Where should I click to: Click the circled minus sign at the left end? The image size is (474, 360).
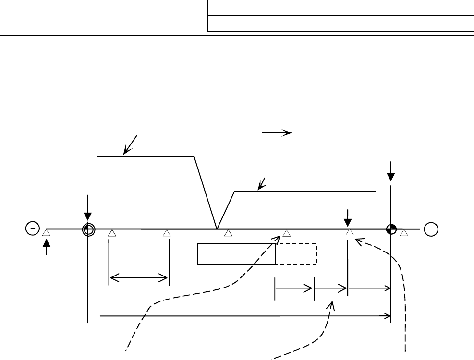32,229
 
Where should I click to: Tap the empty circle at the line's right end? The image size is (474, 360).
431,229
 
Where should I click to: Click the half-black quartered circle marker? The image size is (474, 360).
391,229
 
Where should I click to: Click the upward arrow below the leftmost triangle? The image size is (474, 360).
46,247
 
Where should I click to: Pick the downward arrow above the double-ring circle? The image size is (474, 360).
88,207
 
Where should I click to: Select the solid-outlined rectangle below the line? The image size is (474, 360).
236,254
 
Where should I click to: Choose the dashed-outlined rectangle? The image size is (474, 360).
296,254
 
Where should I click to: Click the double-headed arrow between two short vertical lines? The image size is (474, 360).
139,277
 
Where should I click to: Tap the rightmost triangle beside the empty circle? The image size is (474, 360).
404,233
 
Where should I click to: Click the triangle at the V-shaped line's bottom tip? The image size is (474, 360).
229,233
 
